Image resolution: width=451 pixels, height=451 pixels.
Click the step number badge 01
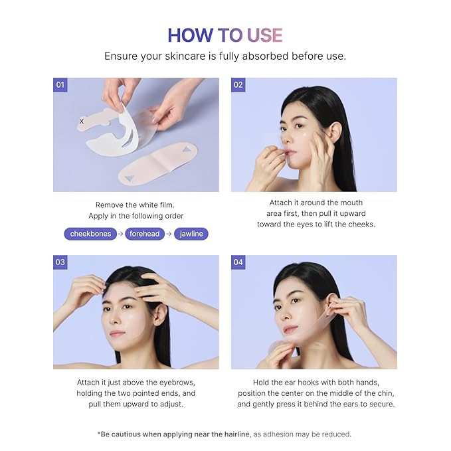(x=60, y=85)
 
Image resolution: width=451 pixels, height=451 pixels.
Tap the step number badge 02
(x=238, y=85)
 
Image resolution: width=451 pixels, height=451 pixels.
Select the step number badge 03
(x=60, y=262)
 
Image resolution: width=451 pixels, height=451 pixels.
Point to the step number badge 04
(x=238, y=262)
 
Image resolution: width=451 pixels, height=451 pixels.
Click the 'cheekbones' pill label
(x=90, y=234)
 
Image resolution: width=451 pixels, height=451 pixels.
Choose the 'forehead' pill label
(x=145, y=234)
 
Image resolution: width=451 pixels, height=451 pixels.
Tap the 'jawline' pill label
(x=191, y=234)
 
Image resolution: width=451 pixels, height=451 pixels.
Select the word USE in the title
(x=264, y=35)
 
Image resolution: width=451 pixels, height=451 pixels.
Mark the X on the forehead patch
(x=82, y=122)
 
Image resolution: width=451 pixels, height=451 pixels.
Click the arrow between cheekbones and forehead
(x=120, y=234)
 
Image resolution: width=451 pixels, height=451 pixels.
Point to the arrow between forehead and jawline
(x=169, y=234)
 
